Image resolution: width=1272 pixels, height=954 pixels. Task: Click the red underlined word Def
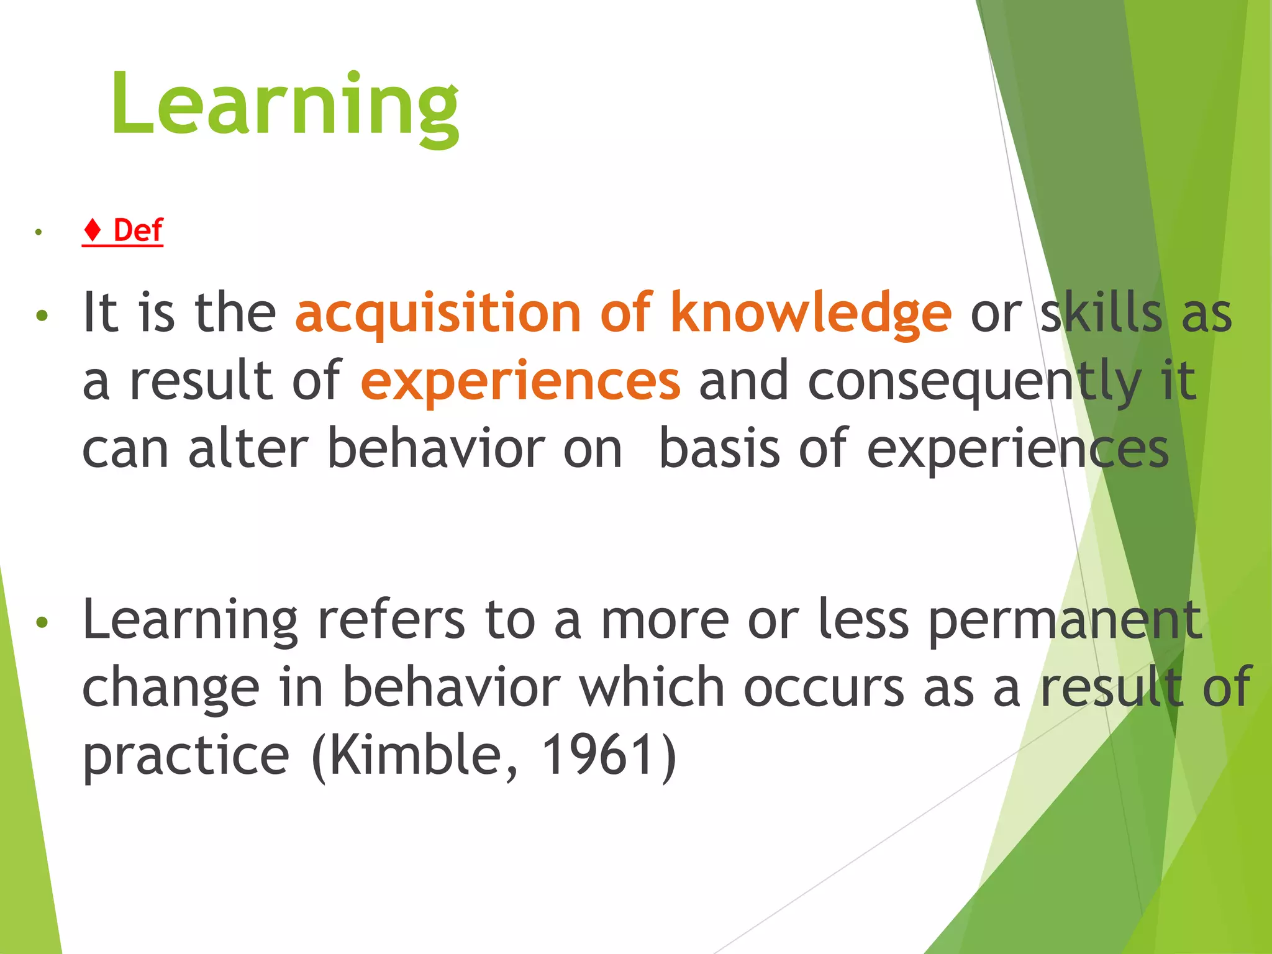pyautogui.click(x=138, y=230)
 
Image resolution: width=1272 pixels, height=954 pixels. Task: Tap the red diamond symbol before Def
pyautogui.click(x=93, y=230)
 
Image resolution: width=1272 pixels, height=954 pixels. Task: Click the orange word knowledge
pyautogui.click(x=810, y=314)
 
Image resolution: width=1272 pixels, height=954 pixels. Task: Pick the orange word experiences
pyautogui.click(x=520, y=381)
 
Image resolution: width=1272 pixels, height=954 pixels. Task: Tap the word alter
pyautogui.click(x=248, y=448)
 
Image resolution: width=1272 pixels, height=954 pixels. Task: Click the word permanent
pyautogui.click(x=1066, y=620)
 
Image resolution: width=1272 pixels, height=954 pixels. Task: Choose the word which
pyautogui.click(x=652, y=688)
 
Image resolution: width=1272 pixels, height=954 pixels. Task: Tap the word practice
pyautogui.click(x=186, y=756)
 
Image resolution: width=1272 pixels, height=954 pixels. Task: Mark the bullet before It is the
pyautogui.click(x=42, y=316)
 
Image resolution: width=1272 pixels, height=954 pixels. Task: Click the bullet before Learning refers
pyautogui.click(x=42, y=622)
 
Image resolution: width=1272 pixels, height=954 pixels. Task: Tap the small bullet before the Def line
pyautogui.click(x=39, y=232)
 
